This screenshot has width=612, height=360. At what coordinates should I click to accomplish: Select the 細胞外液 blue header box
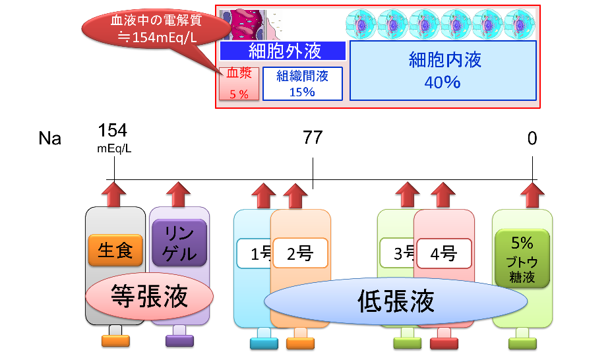pos(282,51)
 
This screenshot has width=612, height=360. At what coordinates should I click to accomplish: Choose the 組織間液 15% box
pos(302,84)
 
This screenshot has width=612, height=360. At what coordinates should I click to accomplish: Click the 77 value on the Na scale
pos(313,138)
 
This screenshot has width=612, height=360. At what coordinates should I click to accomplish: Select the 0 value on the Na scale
pos(532,138)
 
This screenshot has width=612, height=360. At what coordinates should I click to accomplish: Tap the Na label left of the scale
pos(50,138)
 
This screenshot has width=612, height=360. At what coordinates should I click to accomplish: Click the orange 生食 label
pos(115,251)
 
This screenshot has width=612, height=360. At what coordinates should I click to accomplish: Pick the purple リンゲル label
pos(179,242)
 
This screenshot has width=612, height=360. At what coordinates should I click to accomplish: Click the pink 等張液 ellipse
pos(149,297)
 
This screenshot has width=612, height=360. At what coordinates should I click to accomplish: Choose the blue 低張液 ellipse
pos(396,301)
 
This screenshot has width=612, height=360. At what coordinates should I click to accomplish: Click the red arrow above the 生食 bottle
pos(115,195)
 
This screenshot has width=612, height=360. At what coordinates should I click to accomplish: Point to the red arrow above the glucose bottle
pos(532,195)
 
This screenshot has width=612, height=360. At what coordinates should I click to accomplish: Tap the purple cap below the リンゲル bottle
pos(179,341)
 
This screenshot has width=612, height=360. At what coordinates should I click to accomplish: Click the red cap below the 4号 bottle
pos(443,342)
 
